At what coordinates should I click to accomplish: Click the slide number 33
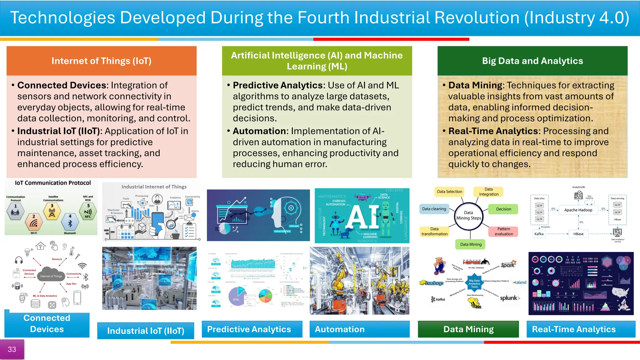pos(12,349)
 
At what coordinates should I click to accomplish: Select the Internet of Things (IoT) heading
pos(101,61)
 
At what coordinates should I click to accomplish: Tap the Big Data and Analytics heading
pos(532,61)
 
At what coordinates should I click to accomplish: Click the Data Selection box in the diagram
pos(449,192)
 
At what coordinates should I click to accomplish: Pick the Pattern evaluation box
pos(503,232)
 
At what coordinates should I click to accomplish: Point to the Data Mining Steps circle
pos(468,215)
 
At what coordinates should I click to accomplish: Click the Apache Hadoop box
pos(578,210)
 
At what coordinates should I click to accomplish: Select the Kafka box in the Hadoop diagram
pos(539,234)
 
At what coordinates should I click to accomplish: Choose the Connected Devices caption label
pos(47,324)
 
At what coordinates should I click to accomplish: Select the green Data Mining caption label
pos(468,329)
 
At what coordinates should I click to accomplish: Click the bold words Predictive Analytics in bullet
pos(277,85)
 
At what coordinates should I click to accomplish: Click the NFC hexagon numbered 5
pos(88,212)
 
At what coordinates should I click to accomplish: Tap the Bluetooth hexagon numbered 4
pos(70,222)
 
